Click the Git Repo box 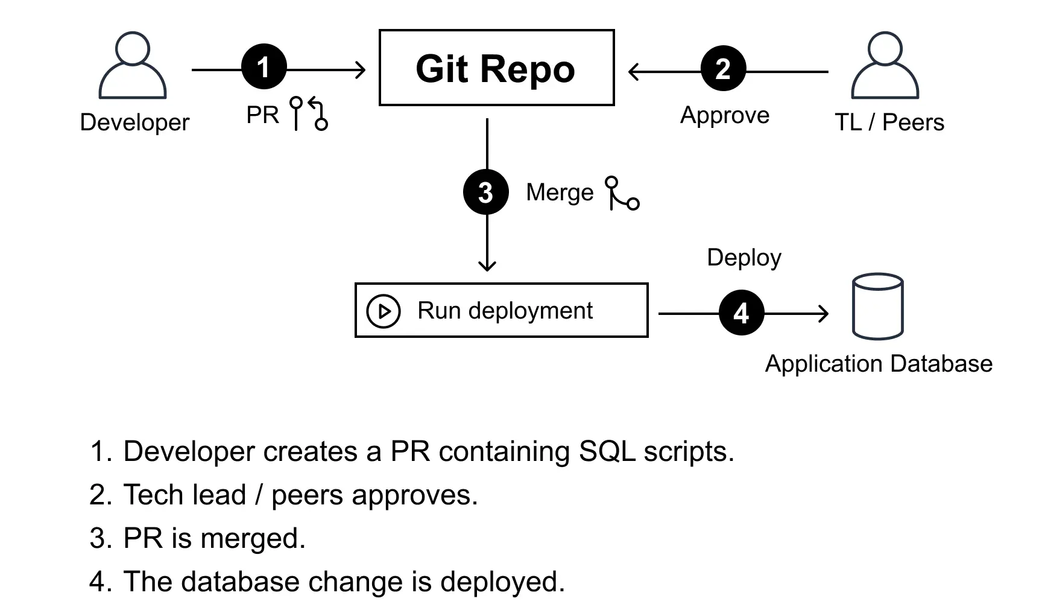coord(496,68)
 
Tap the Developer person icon coord(133,66)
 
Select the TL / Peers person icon coord(885,66)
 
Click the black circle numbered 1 coord(264,67)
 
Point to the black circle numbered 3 coord(486,192)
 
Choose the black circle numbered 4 coord(741,313)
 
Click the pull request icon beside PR coord(309,113)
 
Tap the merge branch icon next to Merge coord(622,194)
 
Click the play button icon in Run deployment coord(384,311)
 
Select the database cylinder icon coord(877,306)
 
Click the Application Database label coord(879,364)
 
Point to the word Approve coord(725,115)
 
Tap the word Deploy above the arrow coord(744,258)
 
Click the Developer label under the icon coord(134,122)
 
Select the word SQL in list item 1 coord(607,451)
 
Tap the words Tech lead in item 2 coord(185,495)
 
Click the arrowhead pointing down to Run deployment coord(487,265)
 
